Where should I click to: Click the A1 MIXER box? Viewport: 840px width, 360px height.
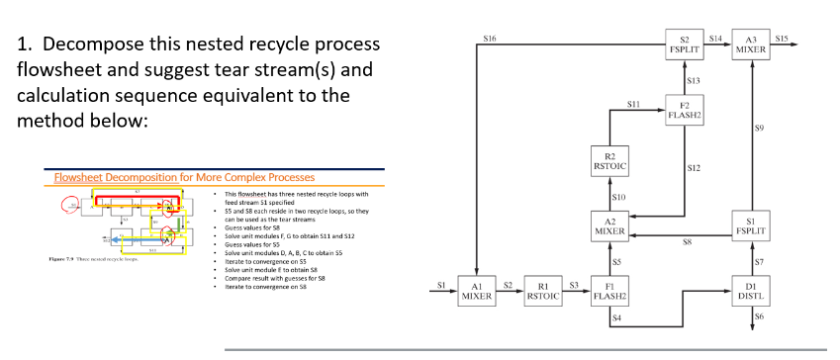click(x=478, y=291)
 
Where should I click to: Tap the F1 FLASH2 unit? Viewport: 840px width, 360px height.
click(x=608, y=291)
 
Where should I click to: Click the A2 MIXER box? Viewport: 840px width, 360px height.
click(x=610, y=225)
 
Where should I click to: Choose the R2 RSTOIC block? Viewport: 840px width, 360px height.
click(x=610, y=160)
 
